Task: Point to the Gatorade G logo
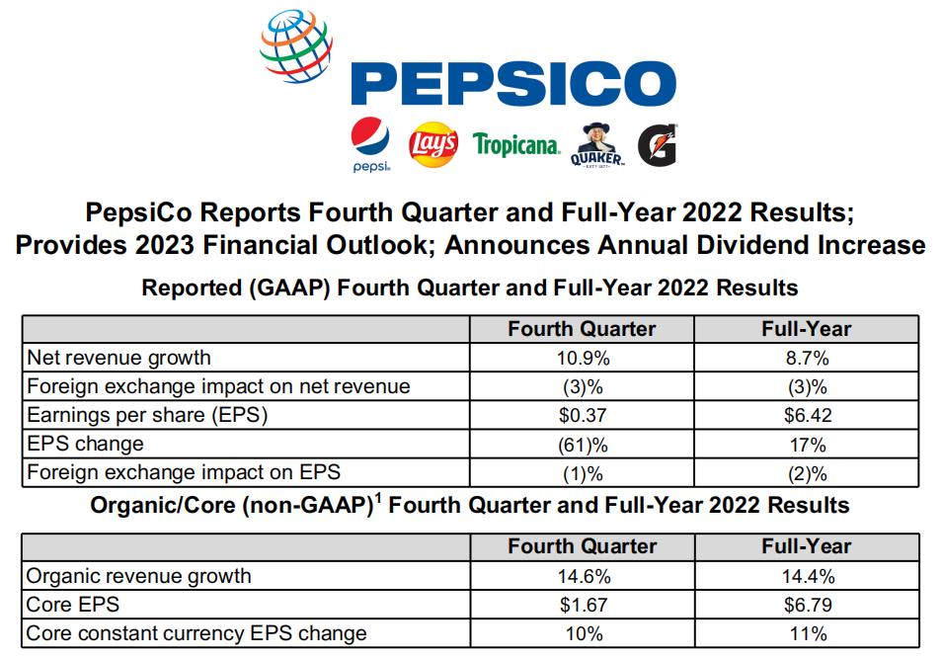656,145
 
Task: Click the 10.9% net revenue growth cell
582,357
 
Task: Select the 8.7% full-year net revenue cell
806,357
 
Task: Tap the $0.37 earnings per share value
582,415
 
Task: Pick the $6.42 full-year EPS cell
806,415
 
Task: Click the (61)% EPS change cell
582,444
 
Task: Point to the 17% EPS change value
806,444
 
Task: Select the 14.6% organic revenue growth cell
582,575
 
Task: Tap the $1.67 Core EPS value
582,604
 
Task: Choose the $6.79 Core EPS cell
806,604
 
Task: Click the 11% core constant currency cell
806,632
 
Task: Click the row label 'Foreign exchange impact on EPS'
184,472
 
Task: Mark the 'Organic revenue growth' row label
139,575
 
